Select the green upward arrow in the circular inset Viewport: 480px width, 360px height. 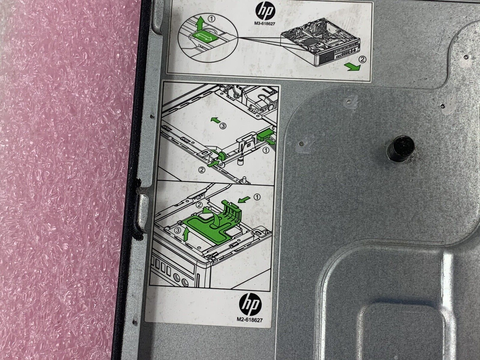(200, 24)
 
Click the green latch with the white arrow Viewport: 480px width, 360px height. (204, 38)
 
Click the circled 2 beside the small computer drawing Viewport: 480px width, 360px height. (362, 59)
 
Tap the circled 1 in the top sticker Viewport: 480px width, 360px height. (212, 19)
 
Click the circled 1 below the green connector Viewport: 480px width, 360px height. (266, 150)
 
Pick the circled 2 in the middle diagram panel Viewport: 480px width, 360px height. (202, 169)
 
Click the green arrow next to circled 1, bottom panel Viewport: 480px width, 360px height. (244, 199)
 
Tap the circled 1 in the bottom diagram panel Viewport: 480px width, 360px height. (257, 197)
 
